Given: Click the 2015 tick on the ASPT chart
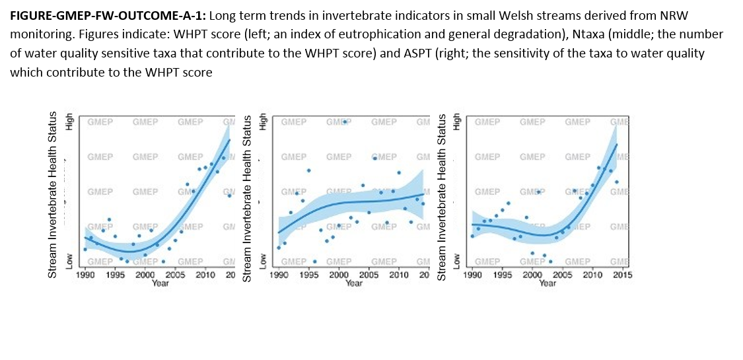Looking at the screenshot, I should [x=621, y=275].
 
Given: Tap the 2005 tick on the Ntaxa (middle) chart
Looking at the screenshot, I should [x=369, y=275].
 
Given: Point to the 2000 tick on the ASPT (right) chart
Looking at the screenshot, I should [x=532, y=275].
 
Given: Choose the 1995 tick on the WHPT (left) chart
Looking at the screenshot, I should [x=115, y=275].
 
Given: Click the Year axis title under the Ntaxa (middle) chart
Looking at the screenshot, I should [x=354, y=283].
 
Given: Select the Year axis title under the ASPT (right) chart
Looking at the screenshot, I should [x=547, y=283].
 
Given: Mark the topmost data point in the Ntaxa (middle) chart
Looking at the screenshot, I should [x=345, y=122].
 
